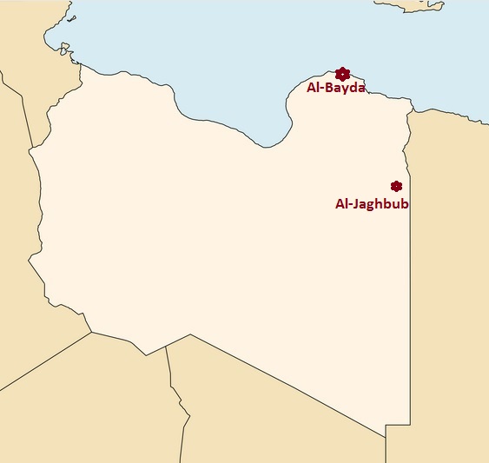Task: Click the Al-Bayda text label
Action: click(336, 88)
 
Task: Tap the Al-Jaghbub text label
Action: click(372, 204)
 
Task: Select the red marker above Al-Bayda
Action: click(342, 74)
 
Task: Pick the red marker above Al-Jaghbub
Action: click(396, 186)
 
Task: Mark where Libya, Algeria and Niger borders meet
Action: click(91, 332)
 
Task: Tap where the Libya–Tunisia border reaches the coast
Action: click(80, 63)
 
